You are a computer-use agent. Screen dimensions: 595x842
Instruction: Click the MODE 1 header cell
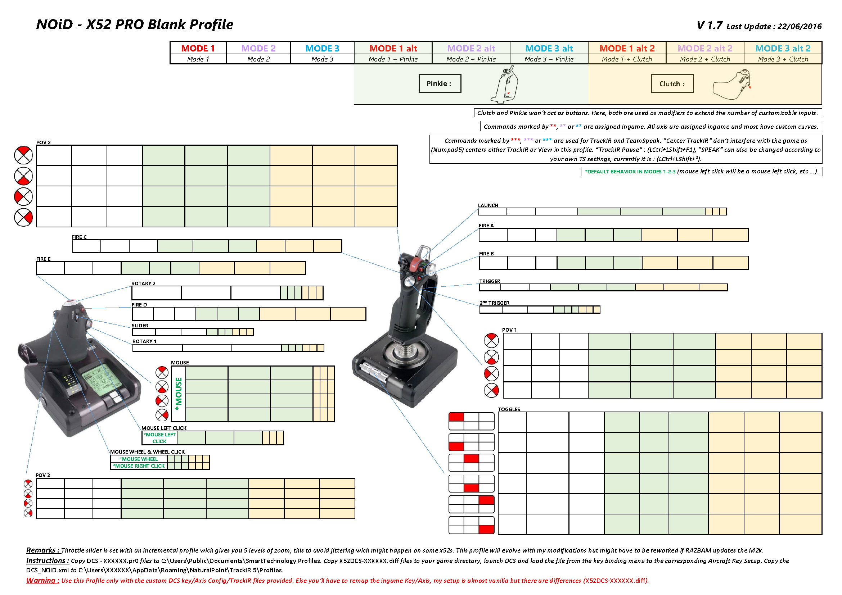click(x=198, y=48)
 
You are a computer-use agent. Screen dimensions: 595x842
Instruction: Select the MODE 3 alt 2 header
click(x=783, y=48)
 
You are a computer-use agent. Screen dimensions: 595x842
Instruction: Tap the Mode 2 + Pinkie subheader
click(x=471, y=59)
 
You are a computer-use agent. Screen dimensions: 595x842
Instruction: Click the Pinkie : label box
click(x=439, y=83)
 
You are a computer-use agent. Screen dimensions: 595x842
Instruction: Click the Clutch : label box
click(x=672, y=84)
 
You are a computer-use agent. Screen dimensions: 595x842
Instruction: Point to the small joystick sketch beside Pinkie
click(x=505, y=85)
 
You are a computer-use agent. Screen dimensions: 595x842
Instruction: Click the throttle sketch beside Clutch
click(x=732, y=85)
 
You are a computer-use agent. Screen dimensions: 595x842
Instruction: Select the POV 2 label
click(x=43, y=142)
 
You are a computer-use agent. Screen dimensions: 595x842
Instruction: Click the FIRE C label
click(x=79, y=237)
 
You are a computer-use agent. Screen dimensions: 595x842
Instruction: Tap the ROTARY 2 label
click(x=143, y=283)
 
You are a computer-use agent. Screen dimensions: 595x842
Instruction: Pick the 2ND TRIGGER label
click(x=494, y=303)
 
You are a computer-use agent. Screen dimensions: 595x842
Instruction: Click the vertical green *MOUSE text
click(x=179, y=394)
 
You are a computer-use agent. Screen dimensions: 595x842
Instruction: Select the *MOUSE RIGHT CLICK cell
click(x=139, y=466)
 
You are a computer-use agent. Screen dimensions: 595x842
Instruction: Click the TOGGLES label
click(x=509, y=409)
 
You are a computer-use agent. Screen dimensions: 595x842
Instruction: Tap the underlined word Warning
click(x=40, y=580)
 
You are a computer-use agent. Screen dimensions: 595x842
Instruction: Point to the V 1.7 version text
click(x=709, y=26)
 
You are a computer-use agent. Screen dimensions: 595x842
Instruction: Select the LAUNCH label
click(x=488, y=205)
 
